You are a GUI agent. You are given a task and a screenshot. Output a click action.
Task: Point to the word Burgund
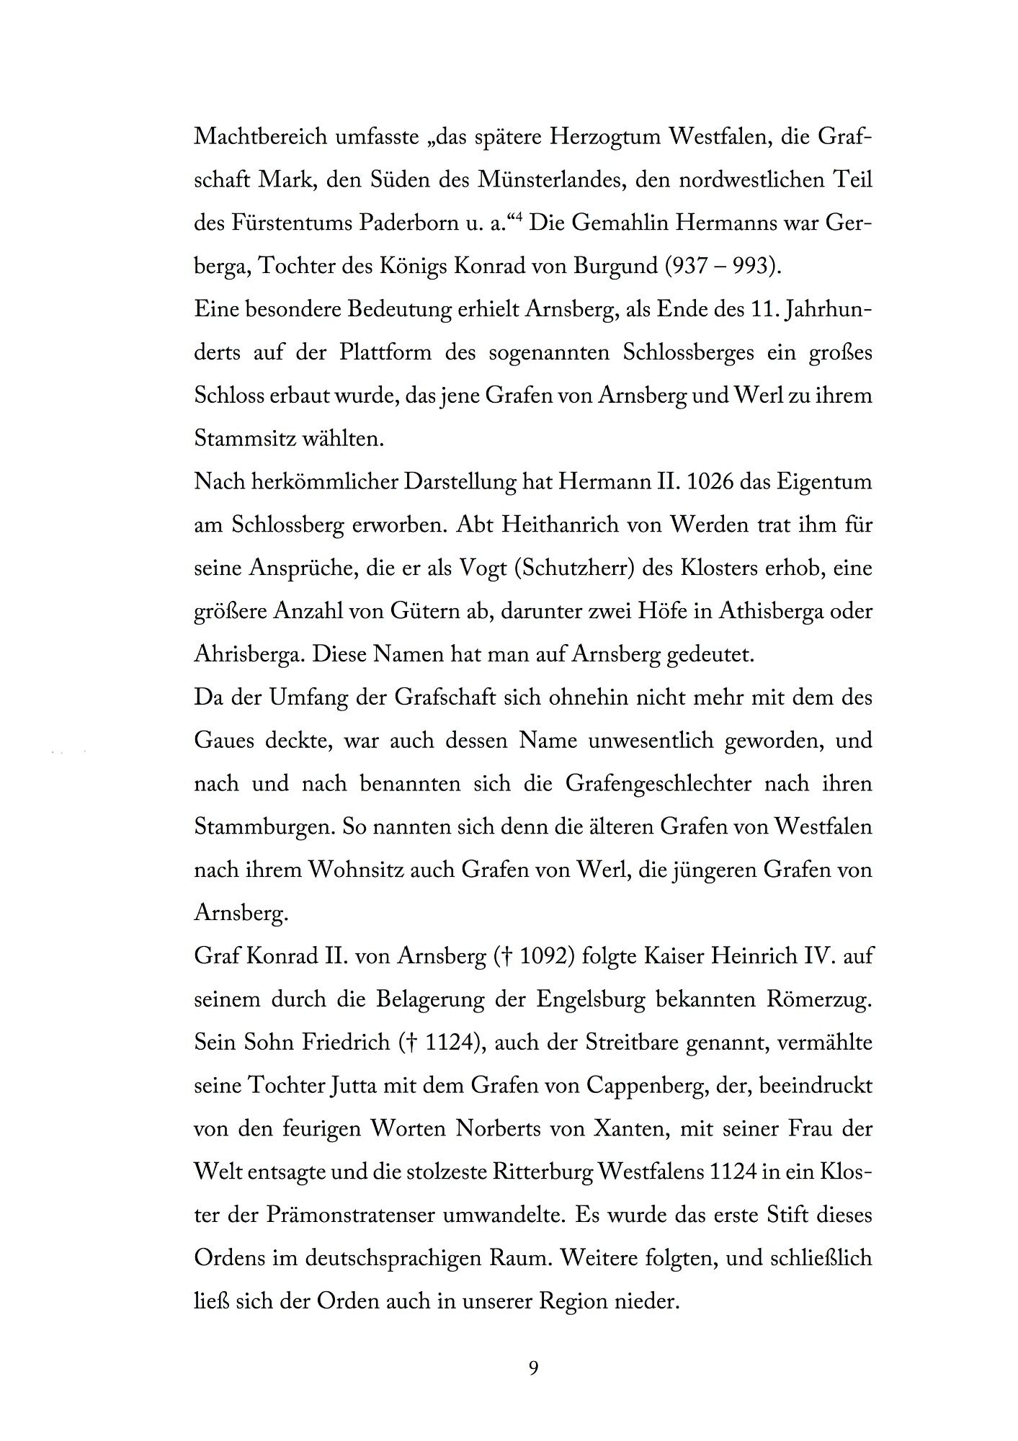pos(614,266)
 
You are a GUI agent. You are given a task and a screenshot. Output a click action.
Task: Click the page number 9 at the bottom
pos(533,1367)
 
